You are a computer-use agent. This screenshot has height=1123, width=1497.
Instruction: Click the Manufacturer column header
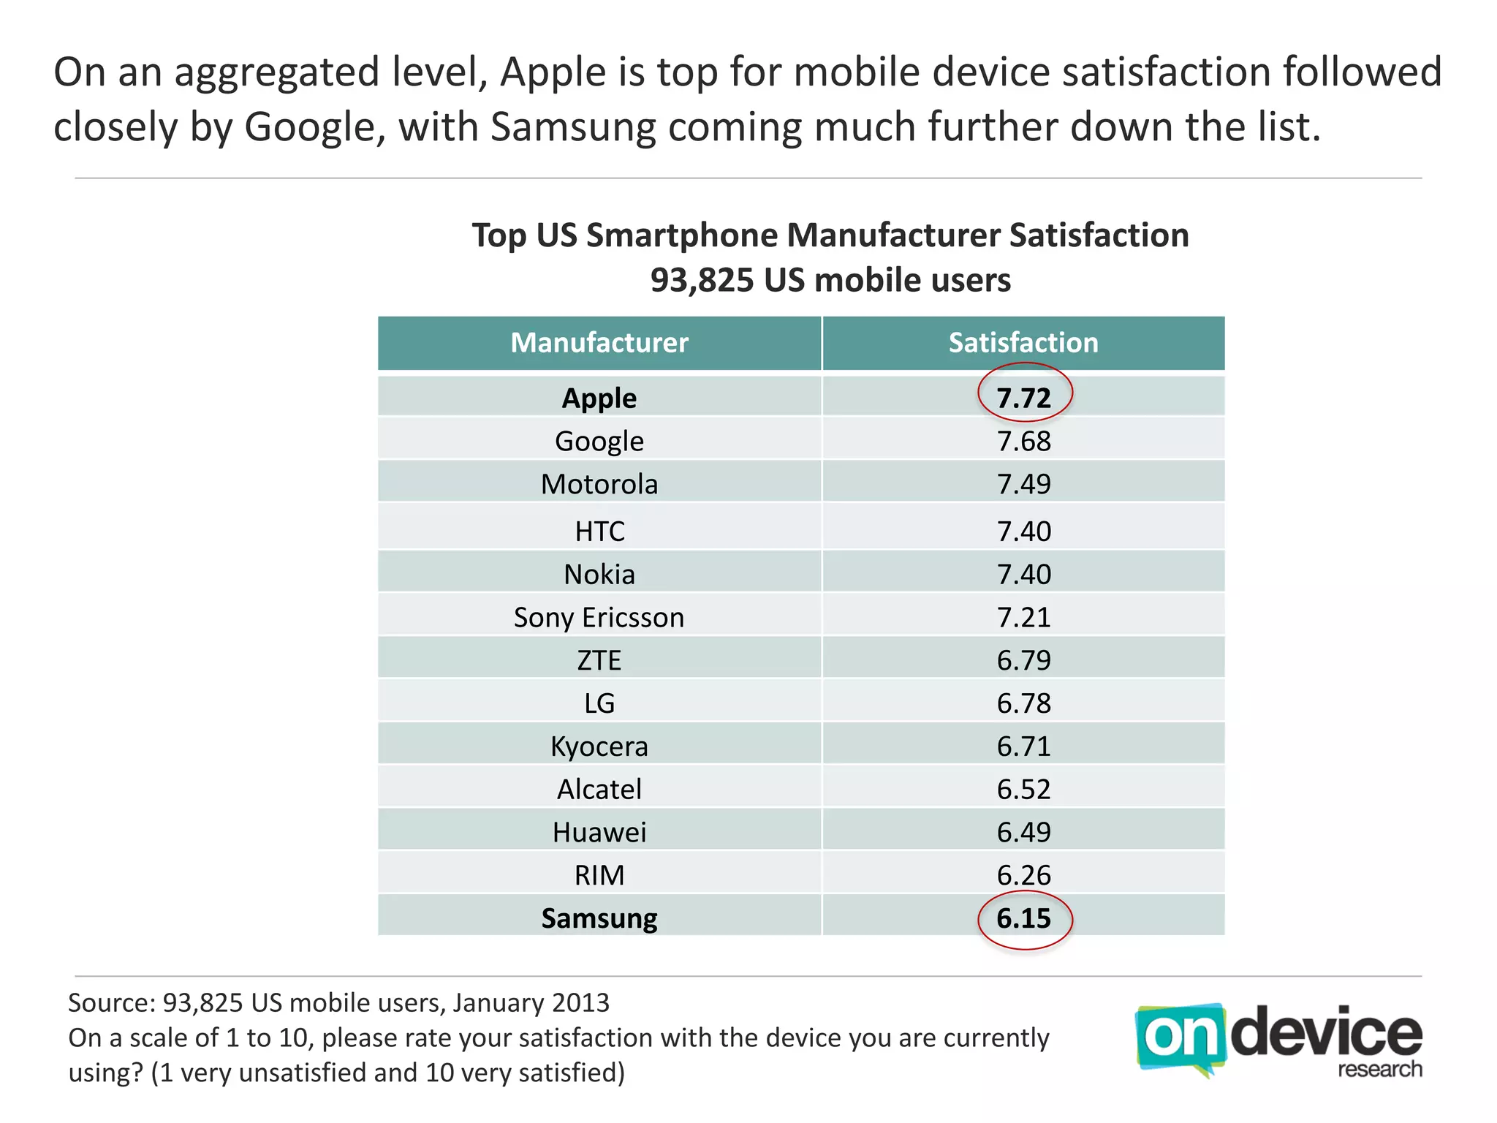599,343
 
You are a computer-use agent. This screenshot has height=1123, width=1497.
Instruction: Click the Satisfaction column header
1023,343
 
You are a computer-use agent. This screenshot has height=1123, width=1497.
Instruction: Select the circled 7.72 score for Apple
1024,398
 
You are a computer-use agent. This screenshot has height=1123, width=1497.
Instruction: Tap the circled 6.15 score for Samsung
1024,918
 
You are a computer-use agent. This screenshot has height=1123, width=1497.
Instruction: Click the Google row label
599,442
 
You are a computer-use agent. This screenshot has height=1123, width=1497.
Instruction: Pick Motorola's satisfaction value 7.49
1023,484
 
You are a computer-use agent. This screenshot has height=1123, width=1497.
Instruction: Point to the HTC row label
599,532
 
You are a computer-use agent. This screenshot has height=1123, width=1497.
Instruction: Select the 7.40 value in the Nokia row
1023,575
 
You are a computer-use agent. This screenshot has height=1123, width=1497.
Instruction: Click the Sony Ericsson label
599,618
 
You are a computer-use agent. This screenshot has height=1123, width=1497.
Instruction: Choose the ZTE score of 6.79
1023,661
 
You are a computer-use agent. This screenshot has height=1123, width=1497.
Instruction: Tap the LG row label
599,703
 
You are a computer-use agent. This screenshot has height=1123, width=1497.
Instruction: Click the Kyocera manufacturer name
599,746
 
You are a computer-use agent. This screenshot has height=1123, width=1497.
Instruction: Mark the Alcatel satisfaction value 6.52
1023,790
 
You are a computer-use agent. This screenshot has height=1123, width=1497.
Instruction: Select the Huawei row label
599,833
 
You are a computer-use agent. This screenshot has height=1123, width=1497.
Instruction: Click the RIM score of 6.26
1023,875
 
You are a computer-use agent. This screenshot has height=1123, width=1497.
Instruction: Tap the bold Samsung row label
599,918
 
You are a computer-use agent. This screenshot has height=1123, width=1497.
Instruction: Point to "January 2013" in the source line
531,1002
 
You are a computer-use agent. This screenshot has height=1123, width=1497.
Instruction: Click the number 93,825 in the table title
701,281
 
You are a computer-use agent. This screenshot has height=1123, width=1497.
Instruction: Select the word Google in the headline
311,128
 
